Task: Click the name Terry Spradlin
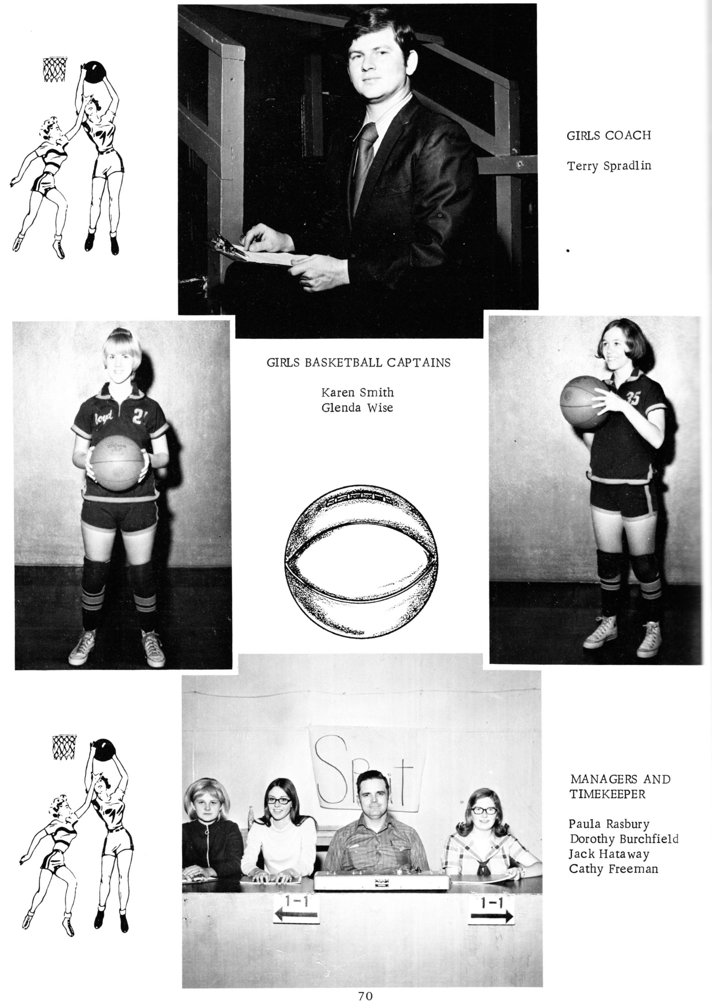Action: (x=609, y=166)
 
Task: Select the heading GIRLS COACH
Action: (x=609, y=135)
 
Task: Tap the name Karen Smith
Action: (x=357, y=392)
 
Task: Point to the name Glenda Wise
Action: (x=357, y=408)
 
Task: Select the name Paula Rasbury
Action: (x=609, y=824)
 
